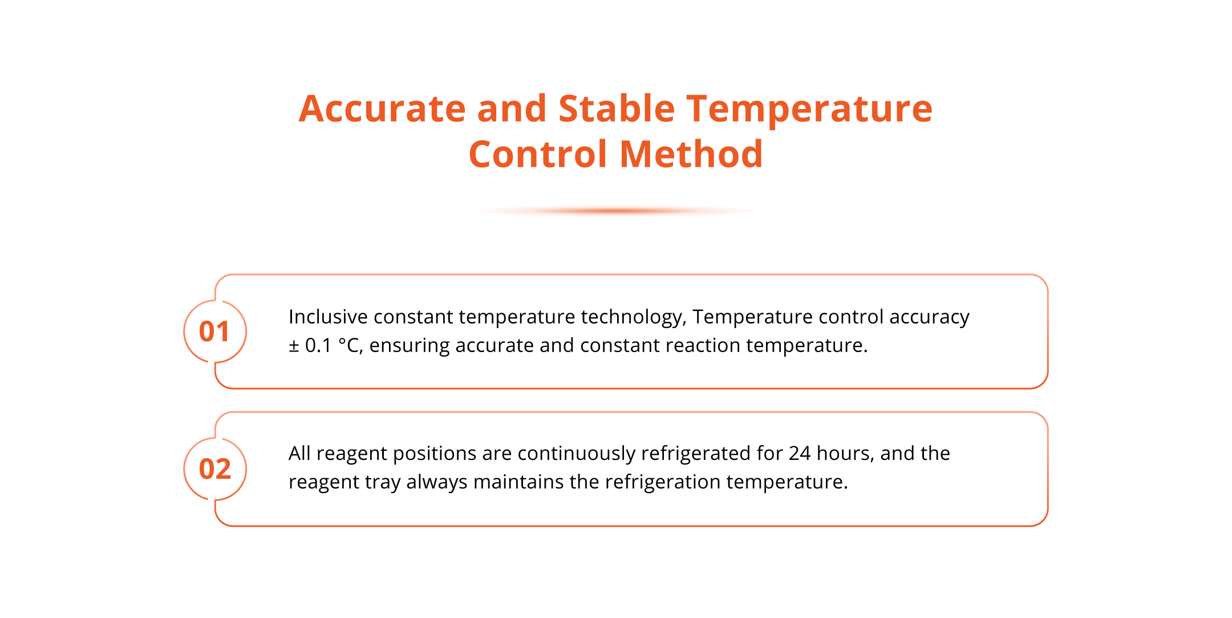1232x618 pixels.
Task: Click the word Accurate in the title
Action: (383, 108)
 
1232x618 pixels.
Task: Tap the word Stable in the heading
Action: (617, 108)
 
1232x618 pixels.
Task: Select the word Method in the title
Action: (691, 154)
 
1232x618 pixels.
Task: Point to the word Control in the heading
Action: (538, 154)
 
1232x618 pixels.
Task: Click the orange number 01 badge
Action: (214, 332)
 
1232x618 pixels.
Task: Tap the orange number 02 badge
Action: (214, 469)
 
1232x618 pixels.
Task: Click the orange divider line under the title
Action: (616, 211)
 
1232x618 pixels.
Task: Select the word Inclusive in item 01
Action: (328, 317)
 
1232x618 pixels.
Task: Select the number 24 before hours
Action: (800, 453)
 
